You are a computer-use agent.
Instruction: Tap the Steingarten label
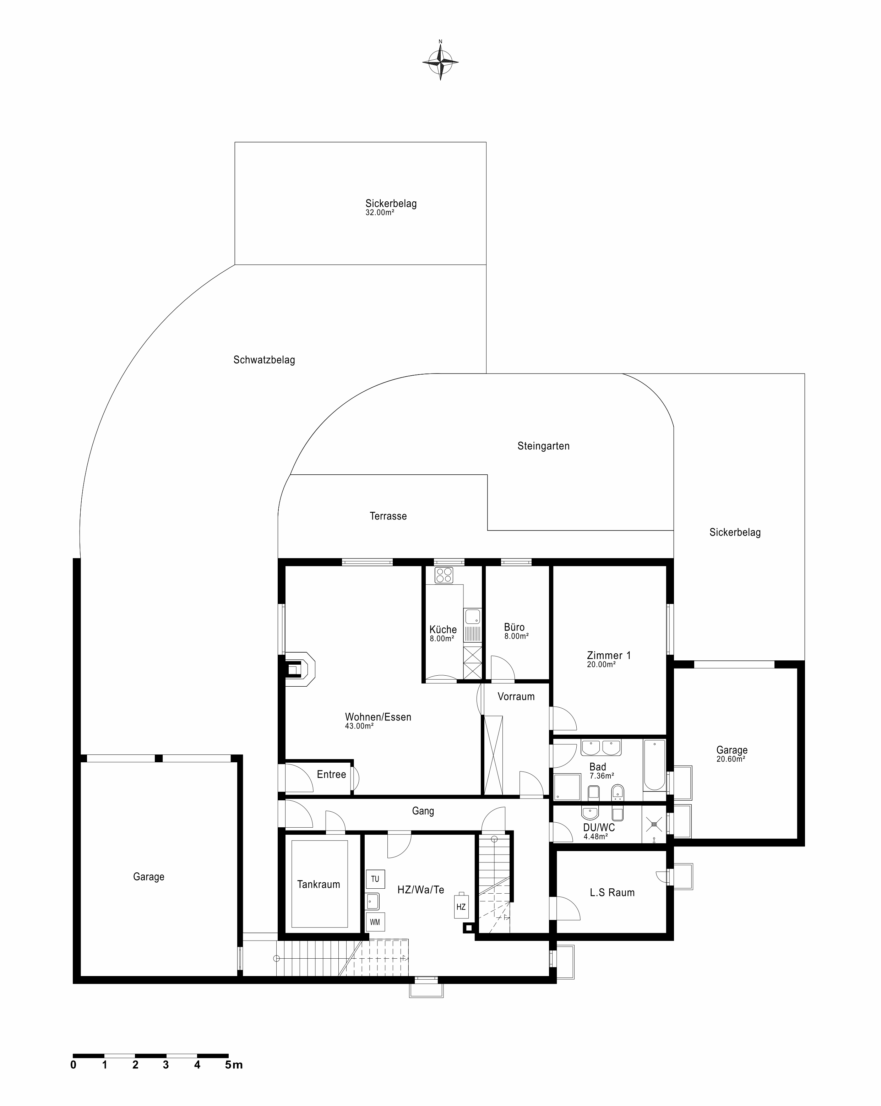pos(543,446)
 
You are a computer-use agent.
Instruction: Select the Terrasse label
pos(388,516)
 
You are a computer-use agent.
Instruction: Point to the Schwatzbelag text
pos(264,360)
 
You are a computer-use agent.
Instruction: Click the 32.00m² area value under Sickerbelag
pos(380,212)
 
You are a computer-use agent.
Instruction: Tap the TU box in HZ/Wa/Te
pos(375,879)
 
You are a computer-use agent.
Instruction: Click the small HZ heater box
pos(461,906)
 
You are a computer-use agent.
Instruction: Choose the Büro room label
pos(514,627)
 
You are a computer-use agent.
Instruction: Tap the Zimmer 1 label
pos(609,655)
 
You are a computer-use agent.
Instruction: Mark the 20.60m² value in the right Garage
pos(731,759)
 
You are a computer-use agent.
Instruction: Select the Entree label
pos(331,775)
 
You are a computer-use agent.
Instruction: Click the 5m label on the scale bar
pos(234,1061)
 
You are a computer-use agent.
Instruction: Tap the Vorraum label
pos(516,697)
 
